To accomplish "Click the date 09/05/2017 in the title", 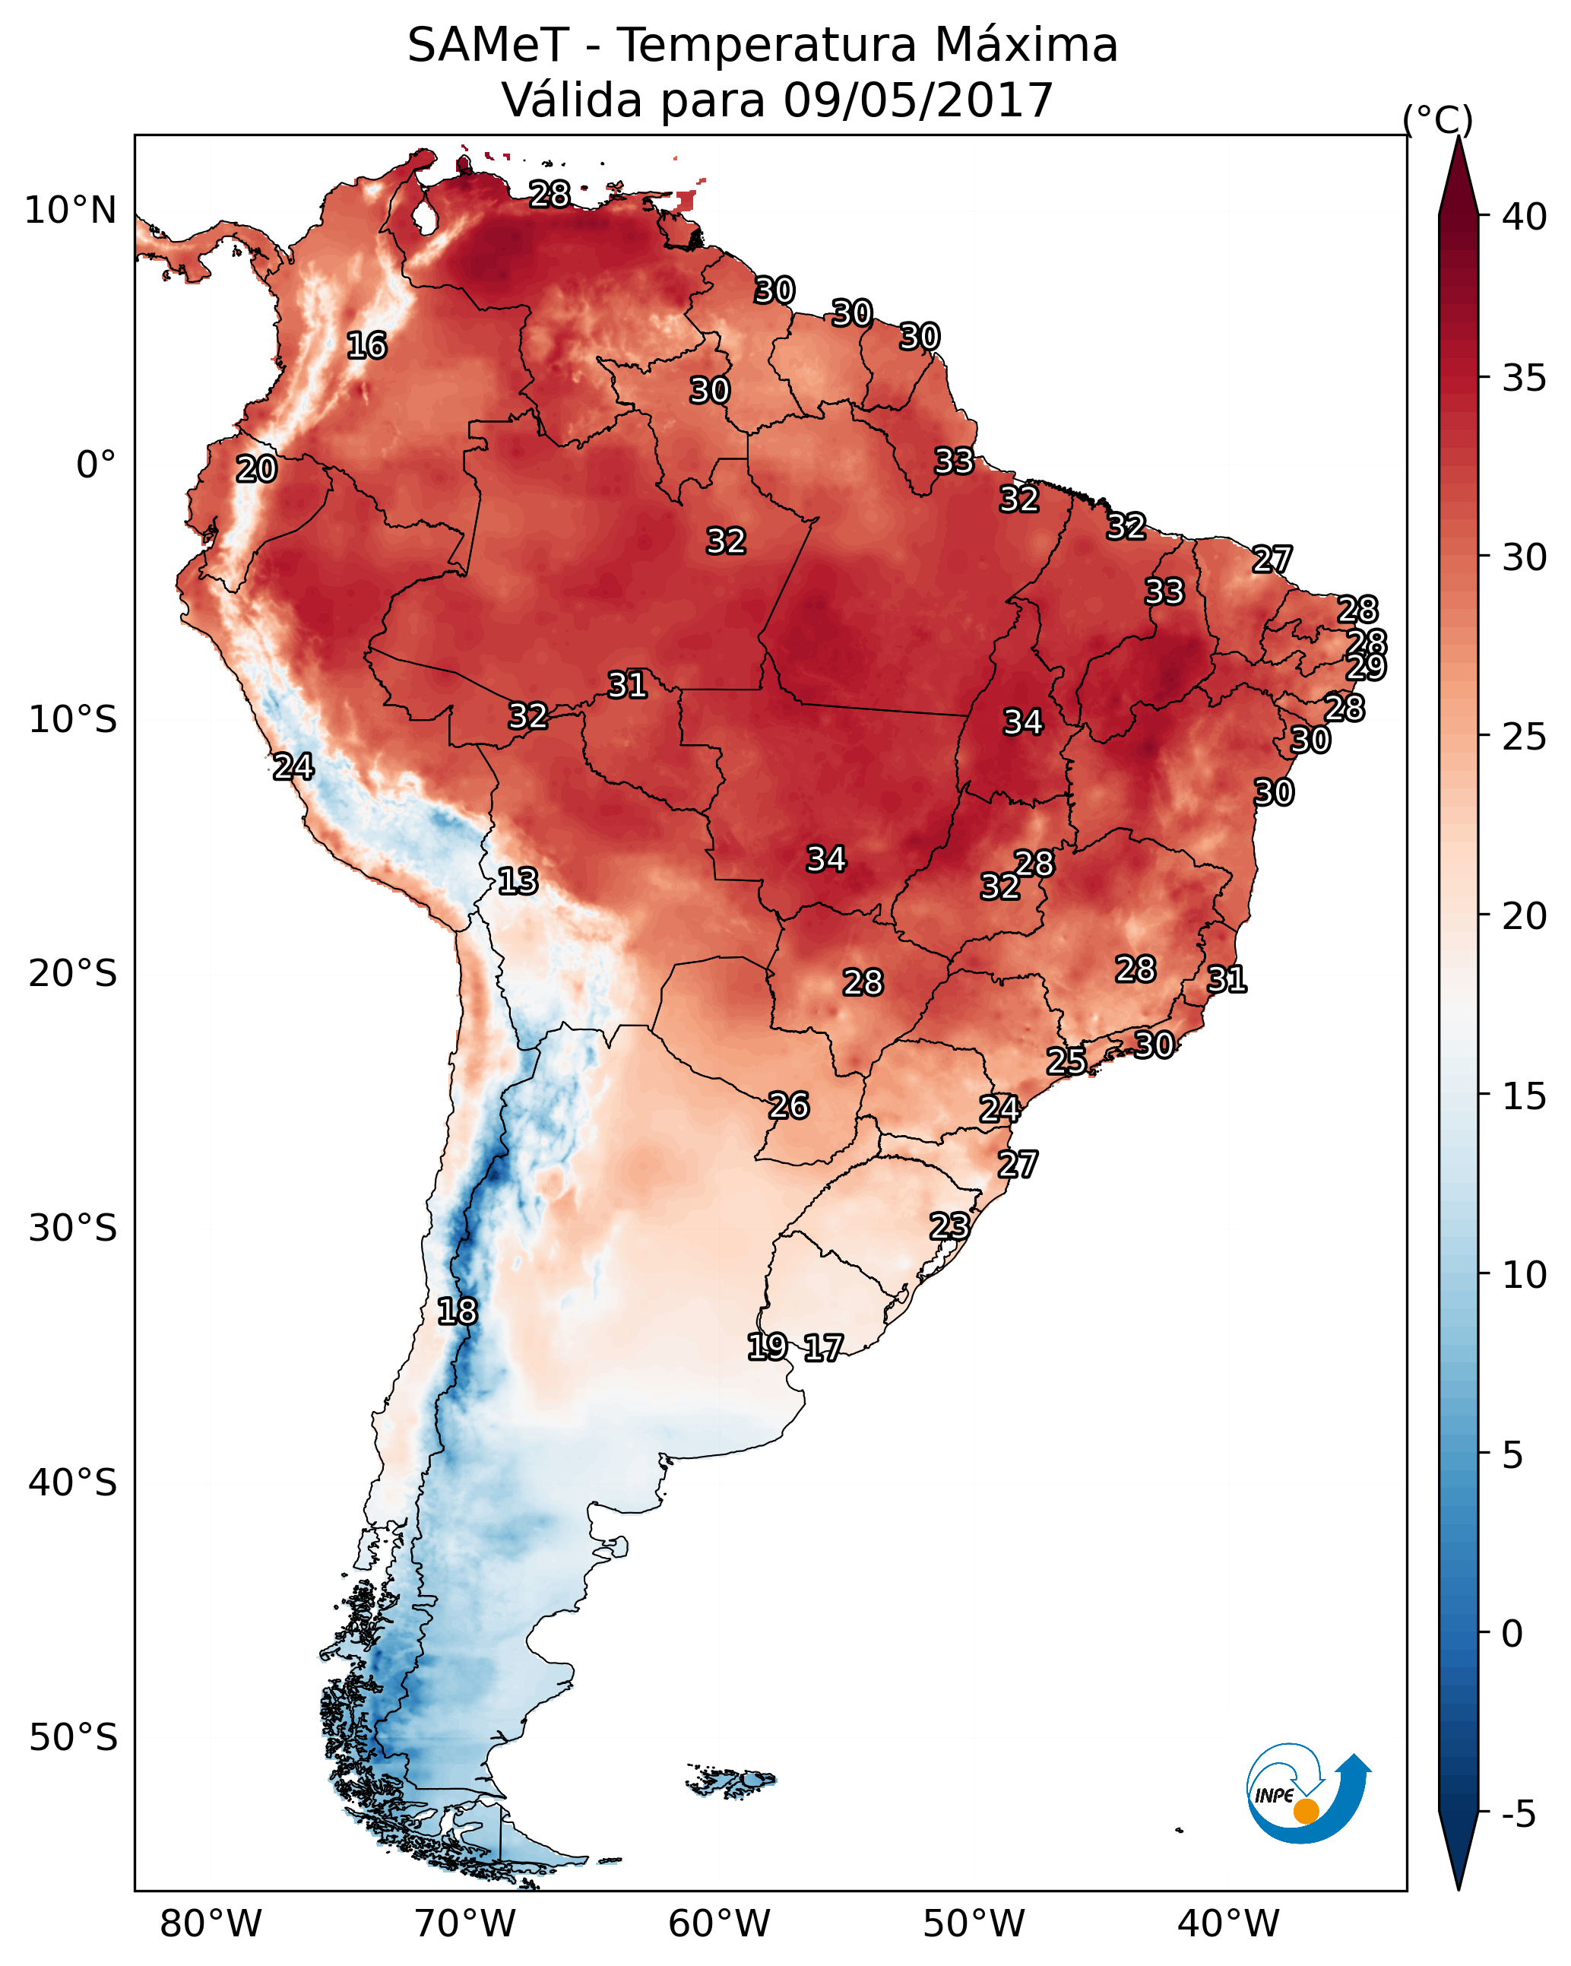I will [x=917, y=100].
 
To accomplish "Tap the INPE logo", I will [x=1307, y=1796].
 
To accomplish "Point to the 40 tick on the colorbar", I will [x=1525, y=217].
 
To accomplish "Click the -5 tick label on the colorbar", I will [x=1518, y=1815].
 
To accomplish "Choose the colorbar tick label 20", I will [x=1525, y=915].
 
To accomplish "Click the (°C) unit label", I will [x=1437, y=119].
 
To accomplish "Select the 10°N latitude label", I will [x=70, y=211].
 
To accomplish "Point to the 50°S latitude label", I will [x=73, y=1737].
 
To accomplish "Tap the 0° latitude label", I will [x=96, y=465].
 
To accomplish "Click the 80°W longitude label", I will [x=211, y=1923].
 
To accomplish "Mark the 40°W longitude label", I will [x=1228, y=1923].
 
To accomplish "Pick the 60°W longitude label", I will [x=720, y=1923].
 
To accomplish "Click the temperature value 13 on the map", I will [x=518, y=881].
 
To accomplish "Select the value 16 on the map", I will [x=366, y=346].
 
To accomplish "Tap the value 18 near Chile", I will [x=457, y=1311].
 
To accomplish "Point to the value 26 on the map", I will [x=789, y=1106].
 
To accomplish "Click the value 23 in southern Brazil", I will [x=949, y=1226].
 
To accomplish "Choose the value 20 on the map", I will [x=256, y=470].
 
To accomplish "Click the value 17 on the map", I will [x=823, y=1348].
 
